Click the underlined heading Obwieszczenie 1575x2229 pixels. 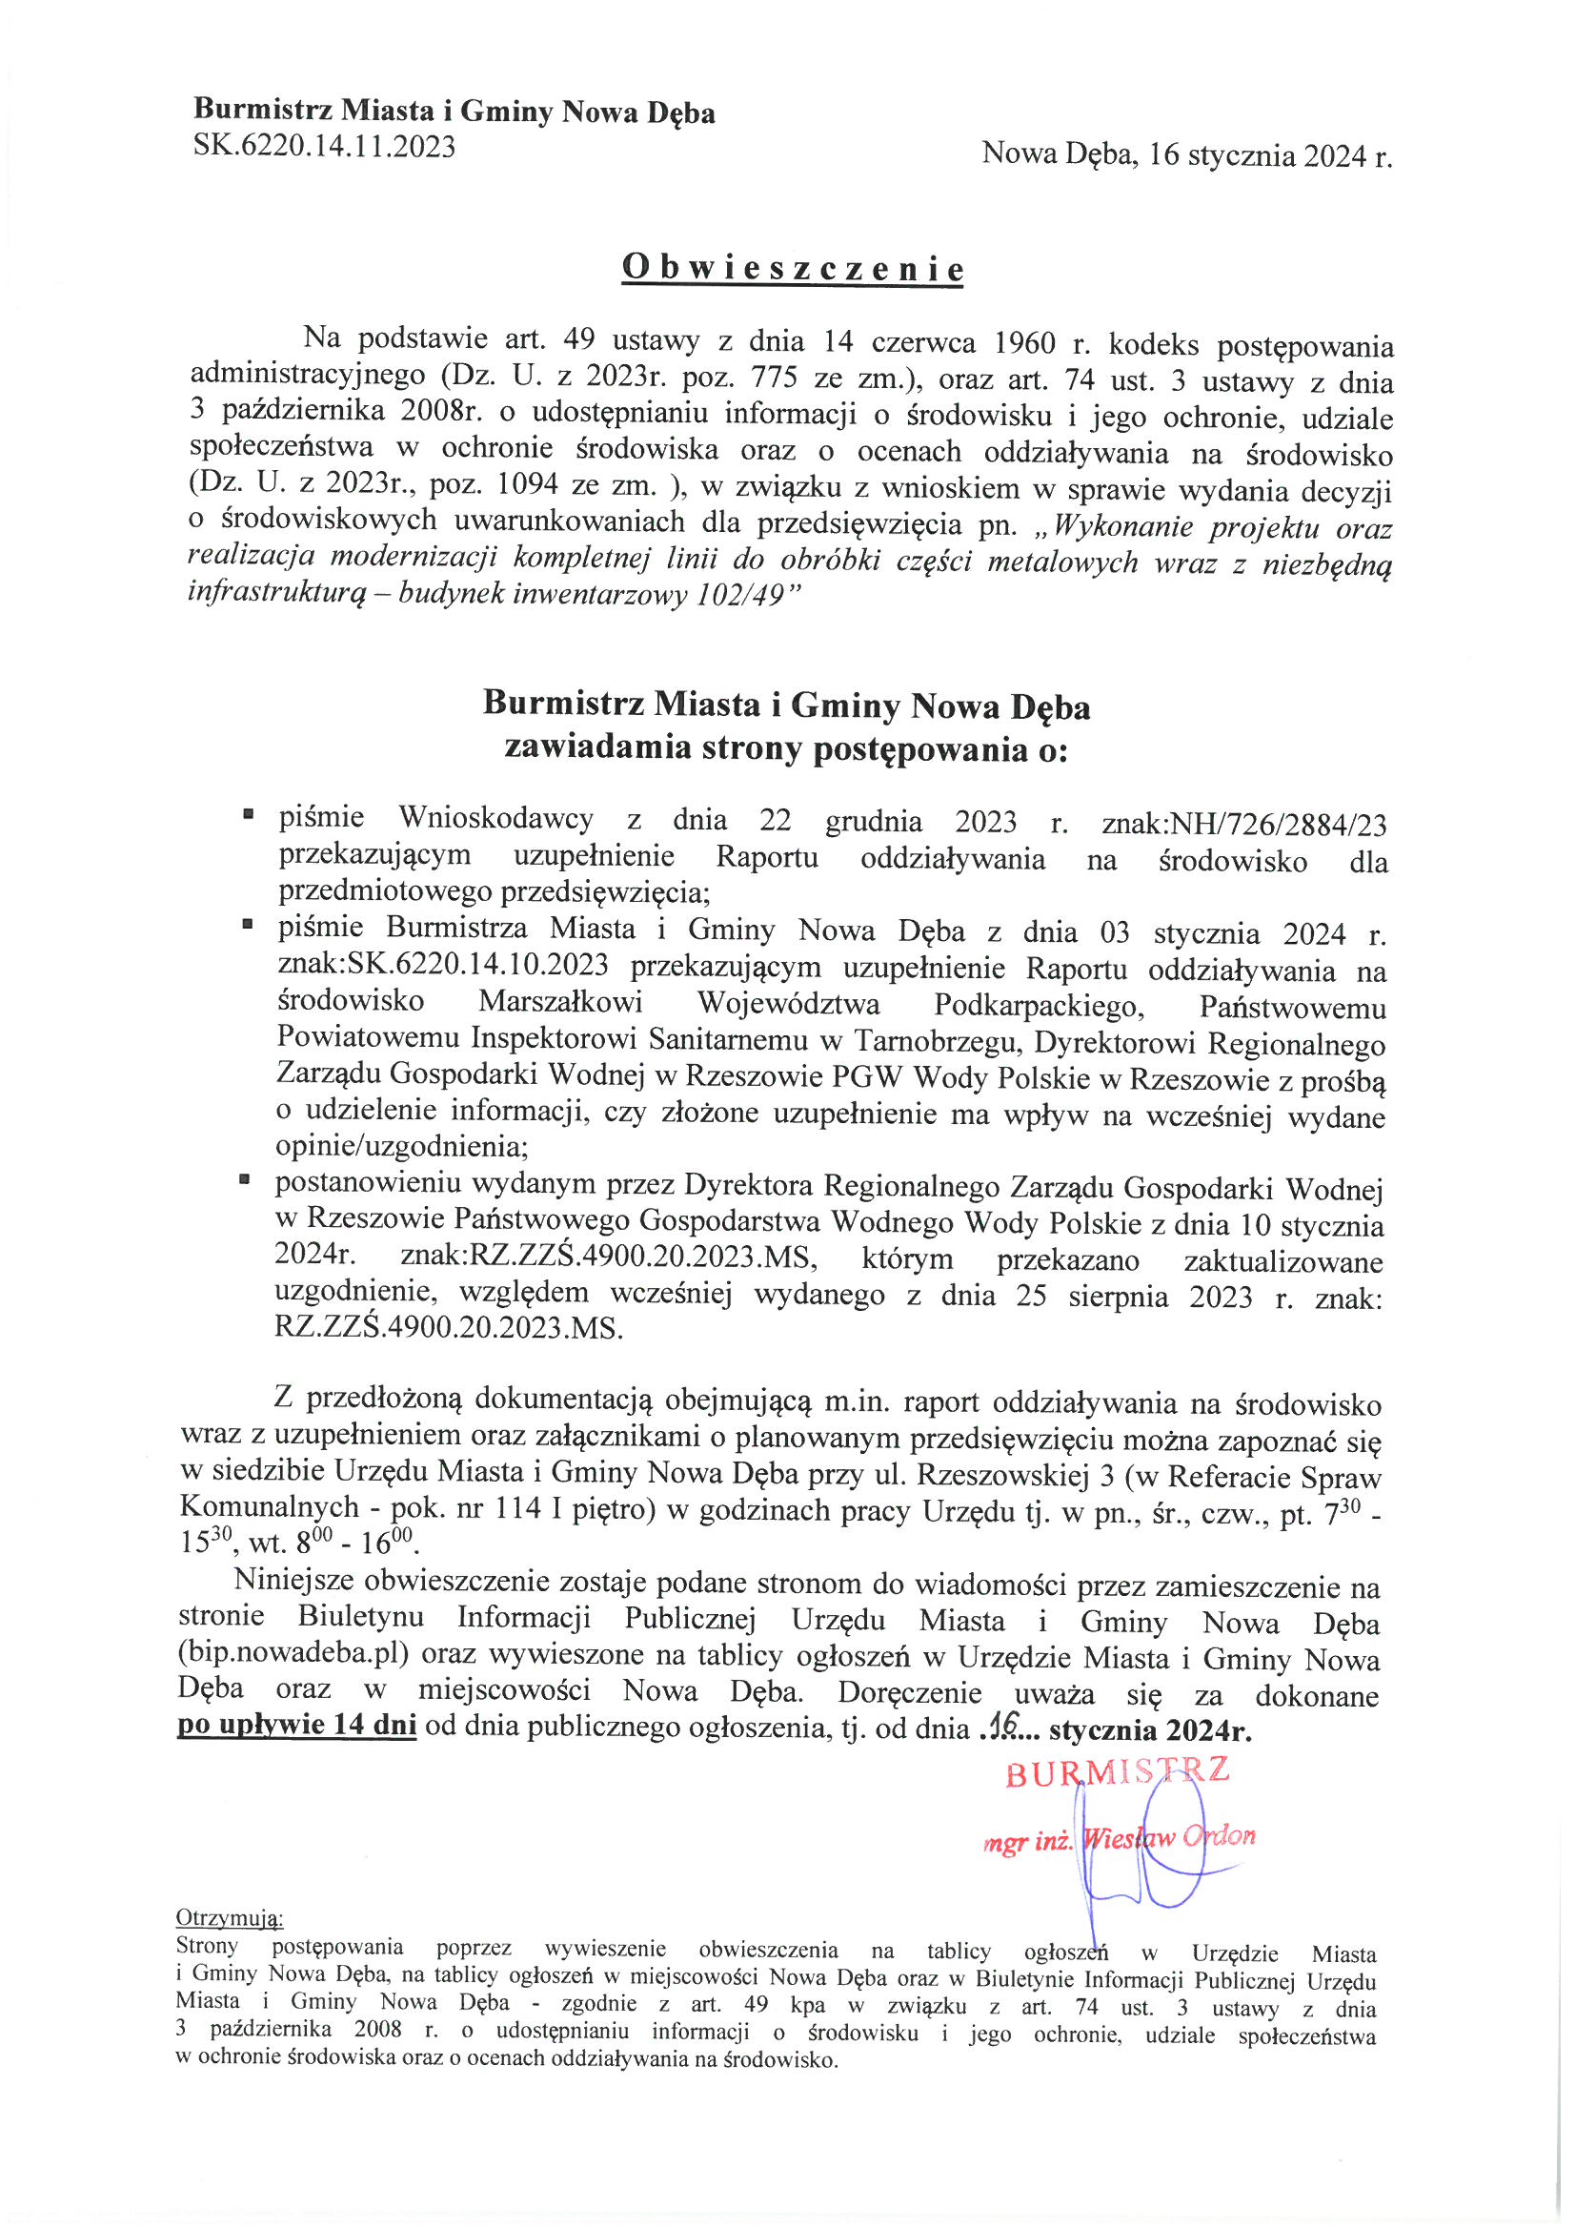[793, 269]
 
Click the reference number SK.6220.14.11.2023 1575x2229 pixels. [324, 147]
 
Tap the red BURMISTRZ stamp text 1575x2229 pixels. [1117, 1771]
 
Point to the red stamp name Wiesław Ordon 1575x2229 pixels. [1169, 1837]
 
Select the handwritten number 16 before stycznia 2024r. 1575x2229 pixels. [994, 1728]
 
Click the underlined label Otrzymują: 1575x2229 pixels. [229, 1917]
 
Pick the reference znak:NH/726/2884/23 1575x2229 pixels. [1244, 825]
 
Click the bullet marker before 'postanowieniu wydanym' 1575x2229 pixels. [247, 1180]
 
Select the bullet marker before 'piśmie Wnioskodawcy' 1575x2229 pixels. [250, 815]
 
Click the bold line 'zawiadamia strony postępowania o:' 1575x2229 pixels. [785, 748]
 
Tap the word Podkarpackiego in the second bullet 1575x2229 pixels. [1039, 1006]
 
